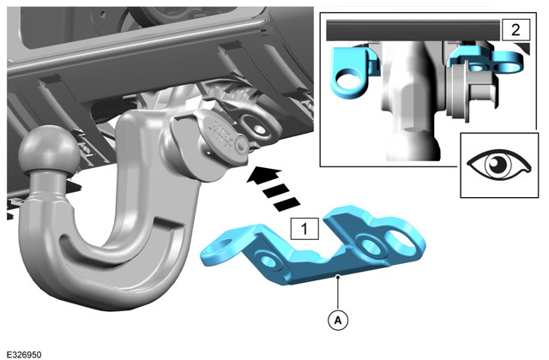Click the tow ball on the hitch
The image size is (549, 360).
coord(49,150)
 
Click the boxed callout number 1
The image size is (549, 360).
coord(305,229)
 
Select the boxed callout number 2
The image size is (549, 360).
coord(516,30)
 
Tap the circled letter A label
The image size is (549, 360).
coord(338,320)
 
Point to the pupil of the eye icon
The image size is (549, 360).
coord(498,165)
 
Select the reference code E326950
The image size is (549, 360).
coord(24,355)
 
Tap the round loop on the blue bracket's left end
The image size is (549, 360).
coord(219,247)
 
